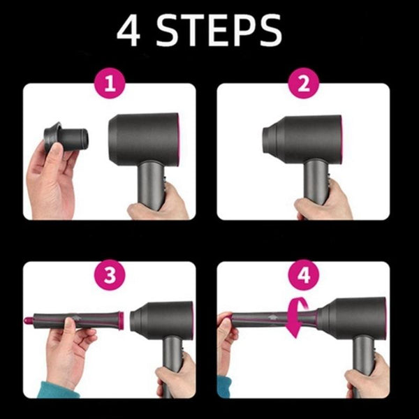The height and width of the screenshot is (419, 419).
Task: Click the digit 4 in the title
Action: pyautogui.click(x=131, y=31)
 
